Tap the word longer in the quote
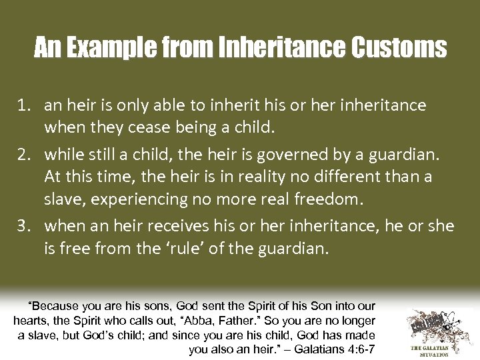(357, 321)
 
